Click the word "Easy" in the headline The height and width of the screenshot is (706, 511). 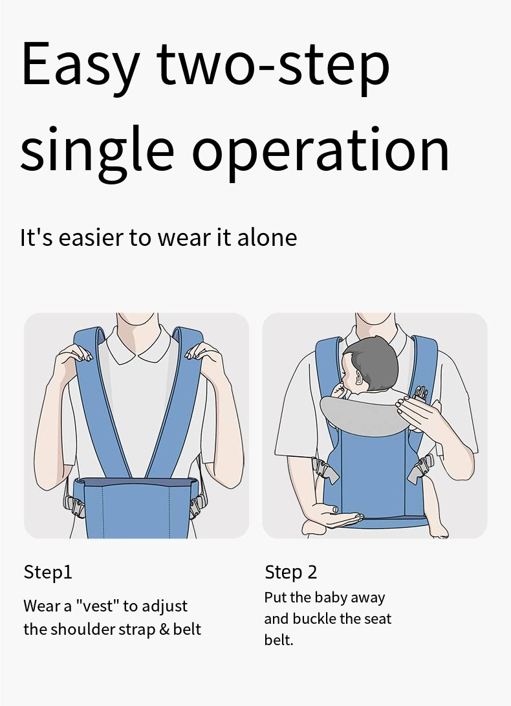point(80,65)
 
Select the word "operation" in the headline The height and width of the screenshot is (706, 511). point(321,149)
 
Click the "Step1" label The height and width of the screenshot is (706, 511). point(48,572)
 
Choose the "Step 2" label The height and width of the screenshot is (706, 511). point(291,572)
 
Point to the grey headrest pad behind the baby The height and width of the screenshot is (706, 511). point(362,415)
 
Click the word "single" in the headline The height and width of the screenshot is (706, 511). point(97,149)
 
